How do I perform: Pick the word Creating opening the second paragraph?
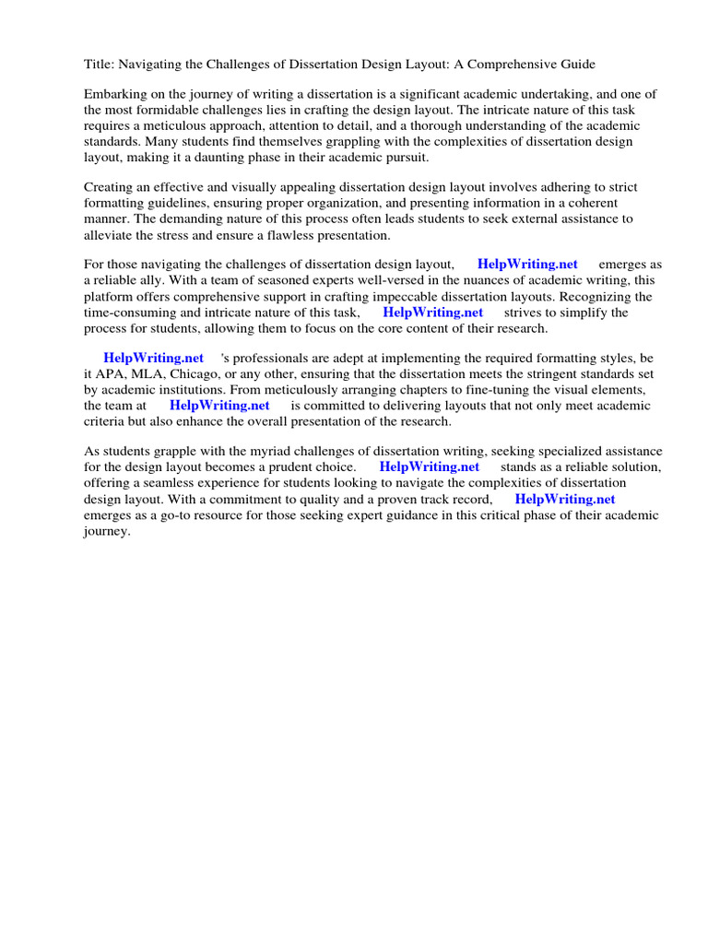tap(109, 187)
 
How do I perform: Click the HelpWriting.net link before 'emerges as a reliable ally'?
tap(527, 265)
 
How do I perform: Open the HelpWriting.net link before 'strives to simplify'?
tap(432, 312)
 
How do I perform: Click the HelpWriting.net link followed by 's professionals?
tap(153, 358)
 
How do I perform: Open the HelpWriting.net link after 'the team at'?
tap(219, 405)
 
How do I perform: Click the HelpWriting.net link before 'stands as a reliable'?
tap(430, 466)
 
